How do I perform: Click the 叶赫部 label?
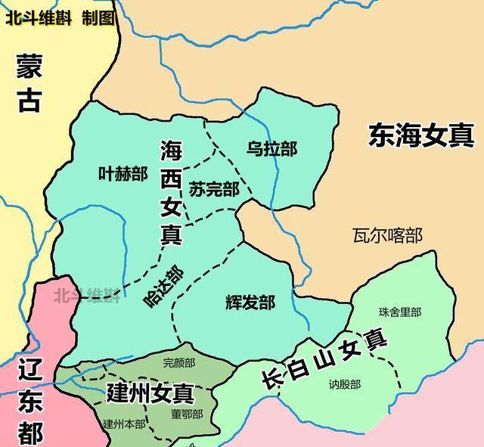tap(123, 173)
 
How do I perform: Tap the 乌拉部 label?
tap(272, 149)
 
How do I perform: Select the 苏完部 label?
tap(214, 189)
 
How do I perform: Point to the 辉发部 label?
tap(250, 303)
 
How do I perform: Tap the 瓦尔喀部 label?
tap(387, 235)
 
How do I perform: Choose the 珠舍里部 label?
tap(400, 312)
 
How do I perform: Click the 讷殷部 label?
tap(345, 384)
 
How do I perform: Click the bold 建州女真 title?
tap(150, 393)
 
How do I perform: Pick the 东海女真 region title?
tap(421, 135)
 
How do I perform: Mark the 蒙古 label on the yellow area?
tap(28, 82)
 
